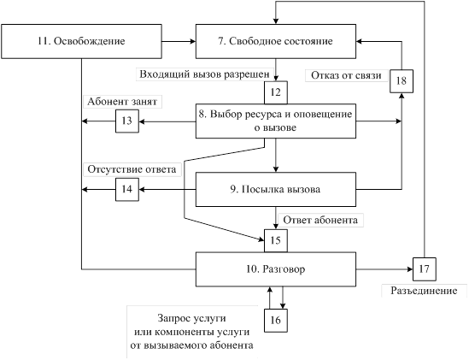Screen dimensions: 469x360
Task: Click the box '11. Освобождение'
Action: click(81, 41)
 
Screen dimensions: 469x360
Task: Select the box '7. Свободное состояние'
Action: click(276, 41)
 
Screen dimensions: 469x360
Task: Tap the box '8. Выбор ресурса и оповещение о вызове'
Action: click(276, 121)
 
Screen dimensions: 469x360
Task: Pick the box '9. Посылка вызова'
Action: click(276, 189)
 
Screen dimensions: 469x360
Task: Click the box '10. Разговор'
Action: click(276, 269)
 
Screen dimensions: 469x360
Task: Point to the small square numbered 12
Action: click(276, 92)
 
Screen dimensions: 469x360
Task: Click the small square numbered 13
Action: click(127, 121)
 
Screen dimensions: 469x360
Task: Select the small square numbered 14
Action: click(127, 189)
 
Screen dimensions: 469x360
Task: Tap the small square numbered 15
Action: click(276, 241)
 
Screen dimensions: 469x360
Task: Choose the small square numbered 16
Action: click(276, 321)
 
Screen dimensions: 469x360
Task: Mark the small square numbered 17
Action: click(424, 269)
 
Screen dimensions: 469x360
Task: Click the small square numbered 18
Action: click(402, 81)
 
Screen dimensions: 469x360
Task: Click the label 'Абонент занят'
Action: click(122, 102)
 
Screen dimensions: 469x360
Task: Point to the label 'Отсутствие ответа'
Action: click(132, 169)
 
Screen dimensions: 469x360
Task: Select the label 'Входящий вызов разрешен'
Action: click(204, 74)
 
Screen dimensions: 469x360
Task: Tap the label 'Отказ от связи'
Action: click(346, 75)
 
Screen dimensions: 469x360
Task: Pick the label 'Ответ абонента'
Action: click(320, 221)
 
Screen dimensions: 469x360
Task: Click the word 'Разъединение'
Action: click(424, 291)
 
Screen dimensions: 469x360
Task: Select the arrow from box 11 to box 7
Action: click(179, 41)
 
